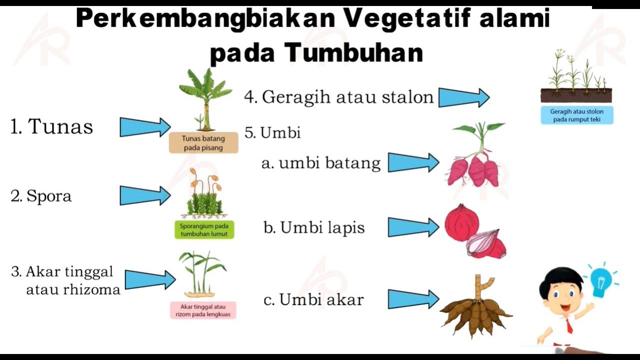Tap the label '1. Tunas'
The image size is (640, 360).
tap(51, 126)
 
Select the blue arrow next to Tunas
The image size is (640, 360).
tap(145, 127)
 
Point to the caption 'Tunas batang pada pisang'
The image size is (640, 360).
tap(203, 143)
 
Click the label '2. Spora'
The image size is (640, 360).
tap(41, 196)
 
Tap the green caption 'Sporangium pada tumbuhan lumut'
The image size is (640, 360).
tap(204, 230)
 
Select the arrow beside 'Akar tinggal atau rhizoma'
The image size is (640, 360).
tap(150, 279)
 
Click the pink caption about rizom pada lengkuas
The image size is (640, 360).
tap(203, 310)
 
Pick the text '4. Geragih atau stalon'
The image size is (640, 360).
tap(339, 97)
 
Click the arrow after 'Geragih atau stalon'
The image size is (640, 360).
tap(464, 97)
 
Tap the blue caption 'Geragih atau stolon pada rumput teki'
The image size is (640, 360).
tap(577, 115)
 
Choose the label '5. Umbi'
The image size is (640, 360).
tap(272, 133)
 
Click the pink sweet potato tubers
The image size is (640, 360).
tap(474, 170)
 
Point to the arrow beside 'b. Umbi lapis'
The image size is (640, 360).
tap(413, 227)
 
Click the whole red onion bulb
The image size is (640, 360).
tap(461, 223)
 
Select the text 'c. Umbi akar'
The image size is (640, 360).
tap(313, 299)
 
